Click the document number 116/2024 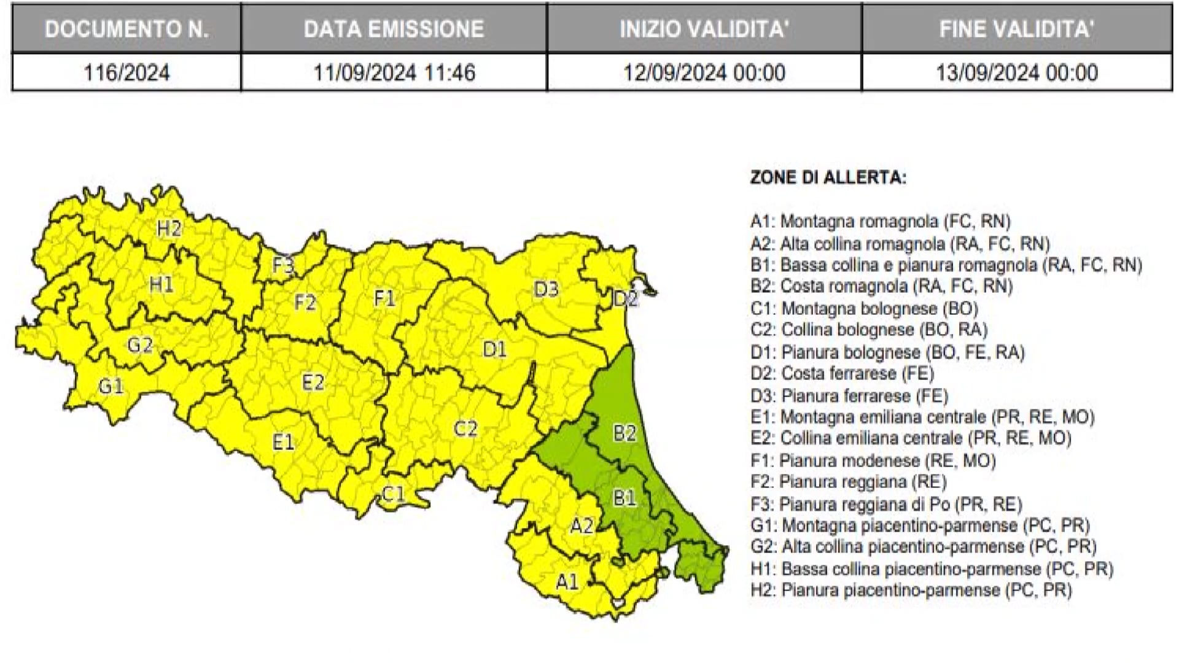(x=126, y=72)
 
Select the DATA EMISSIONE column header (x=394, y=29)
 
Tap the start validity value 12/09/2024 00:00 (x=704, y=72)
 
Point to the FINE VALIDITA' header (x=1016, y=29)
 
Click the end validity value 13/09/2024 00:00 (x=1016, y=72)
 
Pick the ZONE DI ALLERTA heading (x=828, y=178)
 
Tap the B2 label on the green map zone (x=625, y=433)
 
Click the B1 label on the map (x=625, y=497)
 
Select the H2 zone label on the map (x=169, y=228)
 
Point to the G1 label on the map (x=111, y=386)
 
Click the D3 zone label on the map (x=546, y=289)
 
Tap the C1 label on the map (x=394, y=494)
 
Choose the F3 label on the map (x=283, y=265)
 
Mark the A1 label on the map (x=567, y=581)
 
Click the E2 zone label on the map (x=313, y=382)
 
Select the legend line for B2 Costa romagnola (x=881, y=286)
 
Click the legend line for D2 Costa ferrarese (x=842, y=373)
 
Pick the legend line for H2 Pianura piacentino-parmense (x=911, y=590)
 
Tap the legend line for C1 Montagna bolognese (x=864, y=308)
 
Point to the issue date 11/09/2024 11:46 (x=394, y=72)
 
